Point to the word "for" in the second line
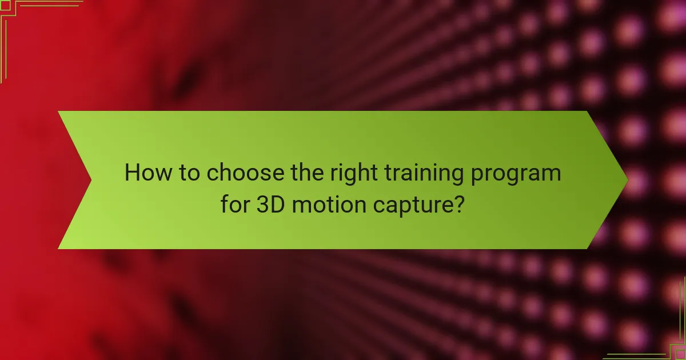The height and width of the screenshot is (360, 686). pos(235,203)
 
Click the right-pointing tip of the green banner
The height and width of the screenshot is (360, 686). pos(627,180)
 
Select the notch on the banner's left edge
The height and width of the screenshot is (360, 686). pos(90,180)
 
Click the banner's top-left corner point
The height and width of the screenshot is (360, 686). pos(58,111)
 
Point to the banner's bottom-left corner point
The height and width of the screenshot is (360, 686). pos(58,249)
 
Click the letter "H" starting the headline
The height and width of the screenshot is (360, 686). pos(131,173)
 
